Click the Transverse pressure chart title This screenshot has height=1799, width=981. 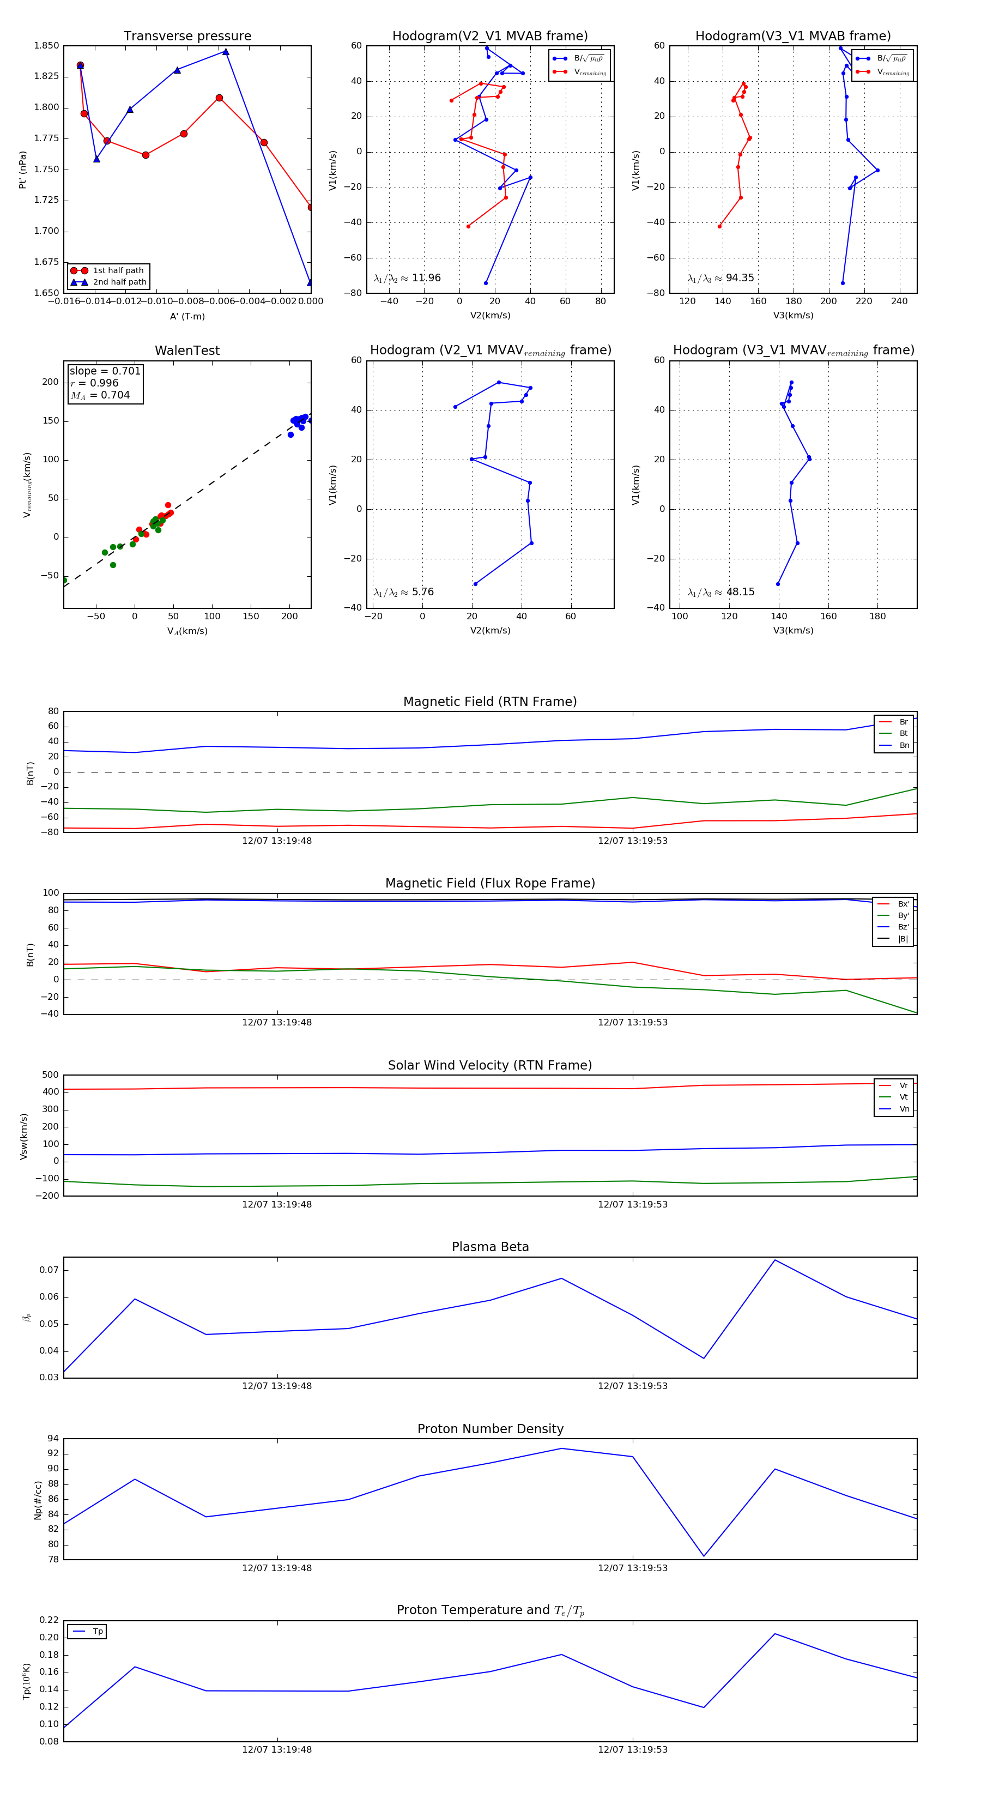click(187, 37)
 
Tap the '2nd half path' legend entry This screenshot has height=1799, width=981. click(119, 282)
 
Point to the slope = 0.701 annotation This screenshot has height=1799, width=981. click(105, 371)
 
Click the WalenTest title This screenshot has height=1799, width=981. click(187, 351)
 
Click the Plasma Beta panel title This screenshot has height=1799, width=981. click(490, 1247)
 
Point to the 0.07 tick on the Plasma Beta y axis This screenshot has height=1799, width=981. click(49, 1270)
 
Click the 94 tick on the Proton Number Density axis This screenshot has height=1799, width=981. click(53, 1439)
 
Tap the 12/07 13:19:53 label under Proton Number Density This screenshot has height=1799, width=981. click(633, 1568)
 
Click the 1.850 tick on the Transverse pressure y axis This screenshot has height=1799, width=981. click(46, 46)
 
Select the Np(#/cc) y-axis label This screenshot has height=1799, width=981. click(38, 1500)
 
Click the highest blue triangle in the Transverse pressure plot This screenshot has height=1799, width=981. click(226, 52)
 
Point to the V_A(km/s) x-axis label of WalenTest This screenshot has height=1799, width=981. click(187, 631)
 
